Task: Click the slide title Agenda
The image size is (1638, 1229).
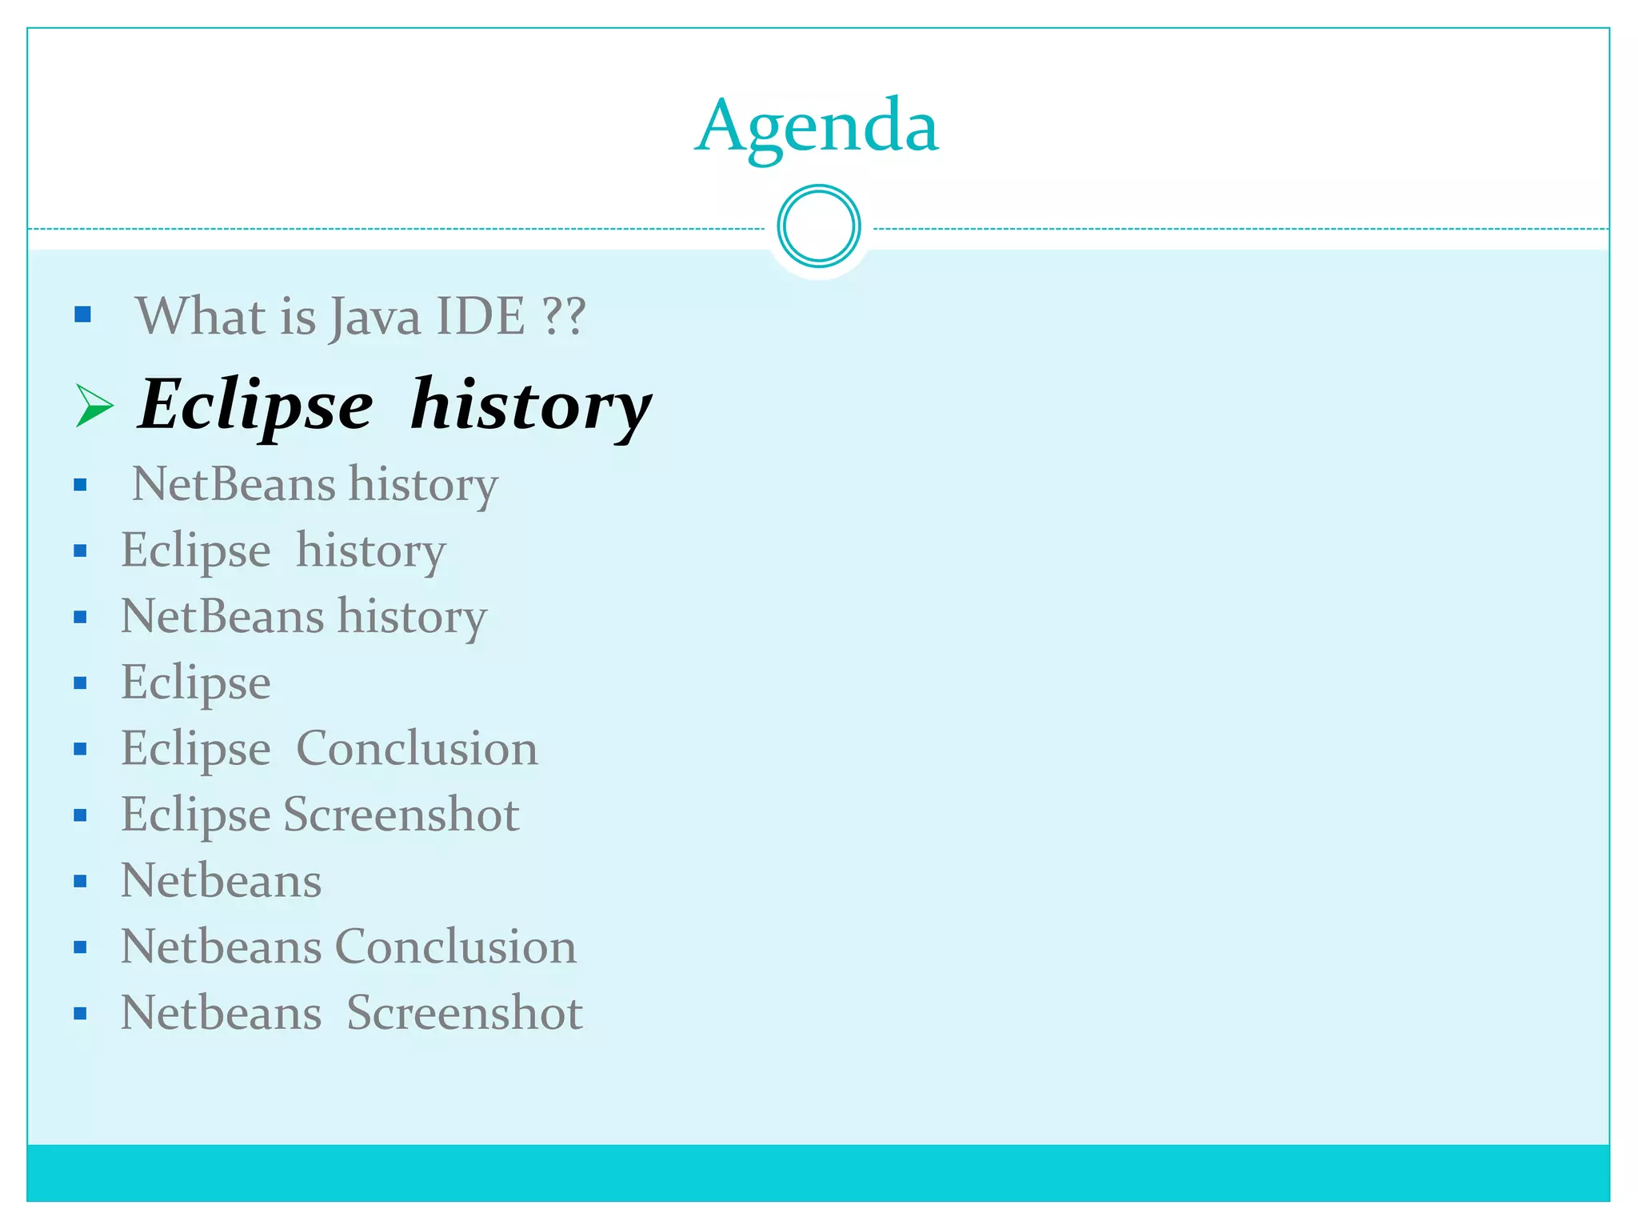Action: coord(817,126)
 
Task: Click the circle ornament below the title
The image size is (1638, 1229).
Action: coord(818,226)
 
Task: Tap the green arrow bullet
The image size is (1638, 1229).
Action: coord(94,405)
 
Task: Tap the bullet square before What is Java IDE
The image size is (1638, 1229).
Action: coord(82,314)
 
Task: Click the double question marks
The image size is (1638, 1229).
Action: coord(564,316)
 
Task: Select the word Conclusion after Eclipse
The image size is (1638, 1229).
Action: coord(417,749)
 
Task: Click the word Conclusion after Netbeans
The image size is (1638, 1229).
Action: coord(455,947)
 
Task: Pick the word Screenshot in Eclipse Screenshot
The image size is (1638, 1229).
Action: coord(402,815)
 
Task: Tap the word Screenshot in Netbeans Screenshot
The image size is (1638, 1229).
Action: coord(465,1013)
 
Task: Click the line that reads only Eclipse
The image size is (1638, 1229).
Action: coord(196,683)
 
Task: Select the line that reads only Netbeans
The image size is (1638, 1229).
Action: coord(221,881)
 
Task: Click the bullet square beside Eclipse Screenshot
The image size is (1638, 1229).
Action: coord(80,815)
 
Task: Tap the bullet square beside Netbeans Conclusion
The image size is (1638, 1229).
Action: coord(80,947)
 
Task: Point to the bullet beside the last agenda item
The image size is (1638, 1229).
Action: coord(80,1014)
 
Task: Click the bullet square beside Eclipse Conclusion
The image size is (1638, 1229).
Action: coord(80,750)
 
